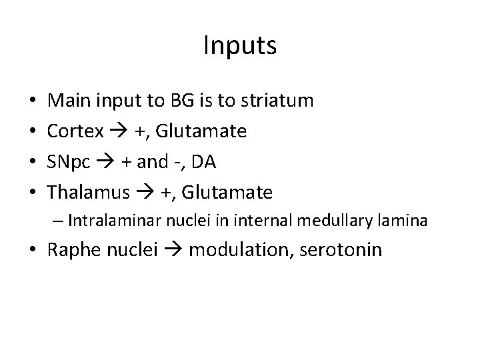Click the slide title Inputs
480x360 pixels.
(239, 46)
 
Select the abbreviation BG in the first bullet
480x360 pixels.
(179, 101)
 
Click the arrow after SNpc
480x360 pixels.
(109, 163)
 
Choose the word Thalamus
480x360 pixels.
(89, 193)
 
